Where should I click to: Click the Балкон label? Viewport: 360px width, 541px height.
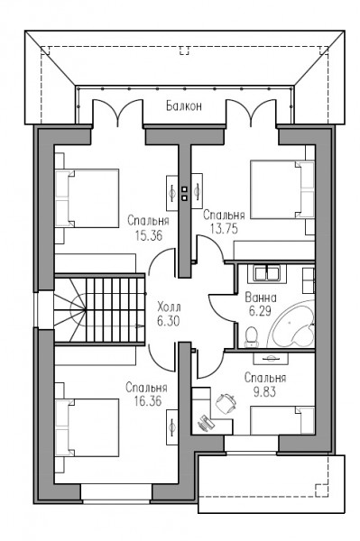(184, 105)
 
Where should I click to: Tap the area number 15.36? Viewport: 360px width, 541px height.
(149, 235)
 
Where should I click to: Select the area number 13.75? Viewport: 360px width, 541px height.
(224, 229)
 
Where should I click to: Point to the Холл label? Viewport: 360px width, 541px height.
(169, 307)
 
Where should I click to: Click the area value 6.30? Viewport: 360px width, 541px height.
(169, 321)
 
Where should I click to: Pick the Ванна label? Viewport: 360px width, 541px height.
(261, 297)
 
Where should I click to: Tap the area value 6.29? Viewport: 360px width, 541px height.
(260, 311)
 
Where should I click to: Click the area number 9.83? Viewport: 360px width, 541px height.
(264, 392)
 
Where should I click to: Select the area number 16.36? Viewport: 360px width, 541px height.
(148, 401)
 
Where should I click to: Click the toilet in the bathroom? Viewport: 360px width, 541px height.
(252, 337)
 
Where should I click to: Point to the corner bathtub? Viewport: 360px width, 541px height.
(292, 324)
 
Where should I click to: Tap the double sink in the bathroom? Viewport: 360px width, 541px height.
(267, 273)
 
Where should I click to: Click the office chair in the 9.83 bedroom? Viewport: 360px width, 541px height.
(226, 403)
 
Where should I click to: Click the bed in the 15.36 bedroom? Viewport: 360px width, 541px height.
(87, 198)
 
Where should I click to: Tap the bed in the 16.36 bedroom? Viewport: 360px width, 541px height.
(87, 427)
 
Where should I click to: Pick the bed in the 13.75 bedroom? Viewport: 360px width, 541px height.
(282, 189)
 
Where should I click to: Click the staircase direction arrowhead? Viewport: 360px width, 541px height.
(141, 326)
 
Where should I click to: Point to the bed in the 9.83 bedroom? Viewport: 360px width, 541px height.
(282, 420)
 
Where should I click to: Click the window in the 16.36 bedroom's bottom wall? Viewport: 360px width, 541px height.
(116, 492)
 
